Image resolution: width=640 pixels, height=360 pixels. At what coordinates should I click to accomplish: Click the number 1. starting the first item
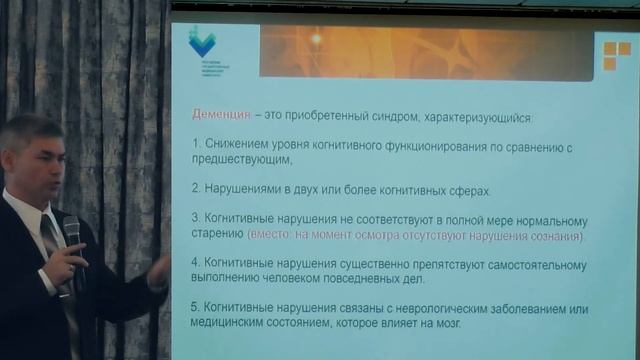196,146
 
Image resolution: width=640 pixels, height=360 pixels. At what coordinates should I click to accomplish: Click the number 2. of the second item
196,190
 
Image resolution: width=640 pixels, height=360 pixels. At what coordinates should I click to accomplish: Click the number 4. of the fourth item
196,265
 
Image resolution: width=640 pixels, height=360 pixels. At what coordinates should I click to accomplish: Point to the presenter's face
37,160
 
